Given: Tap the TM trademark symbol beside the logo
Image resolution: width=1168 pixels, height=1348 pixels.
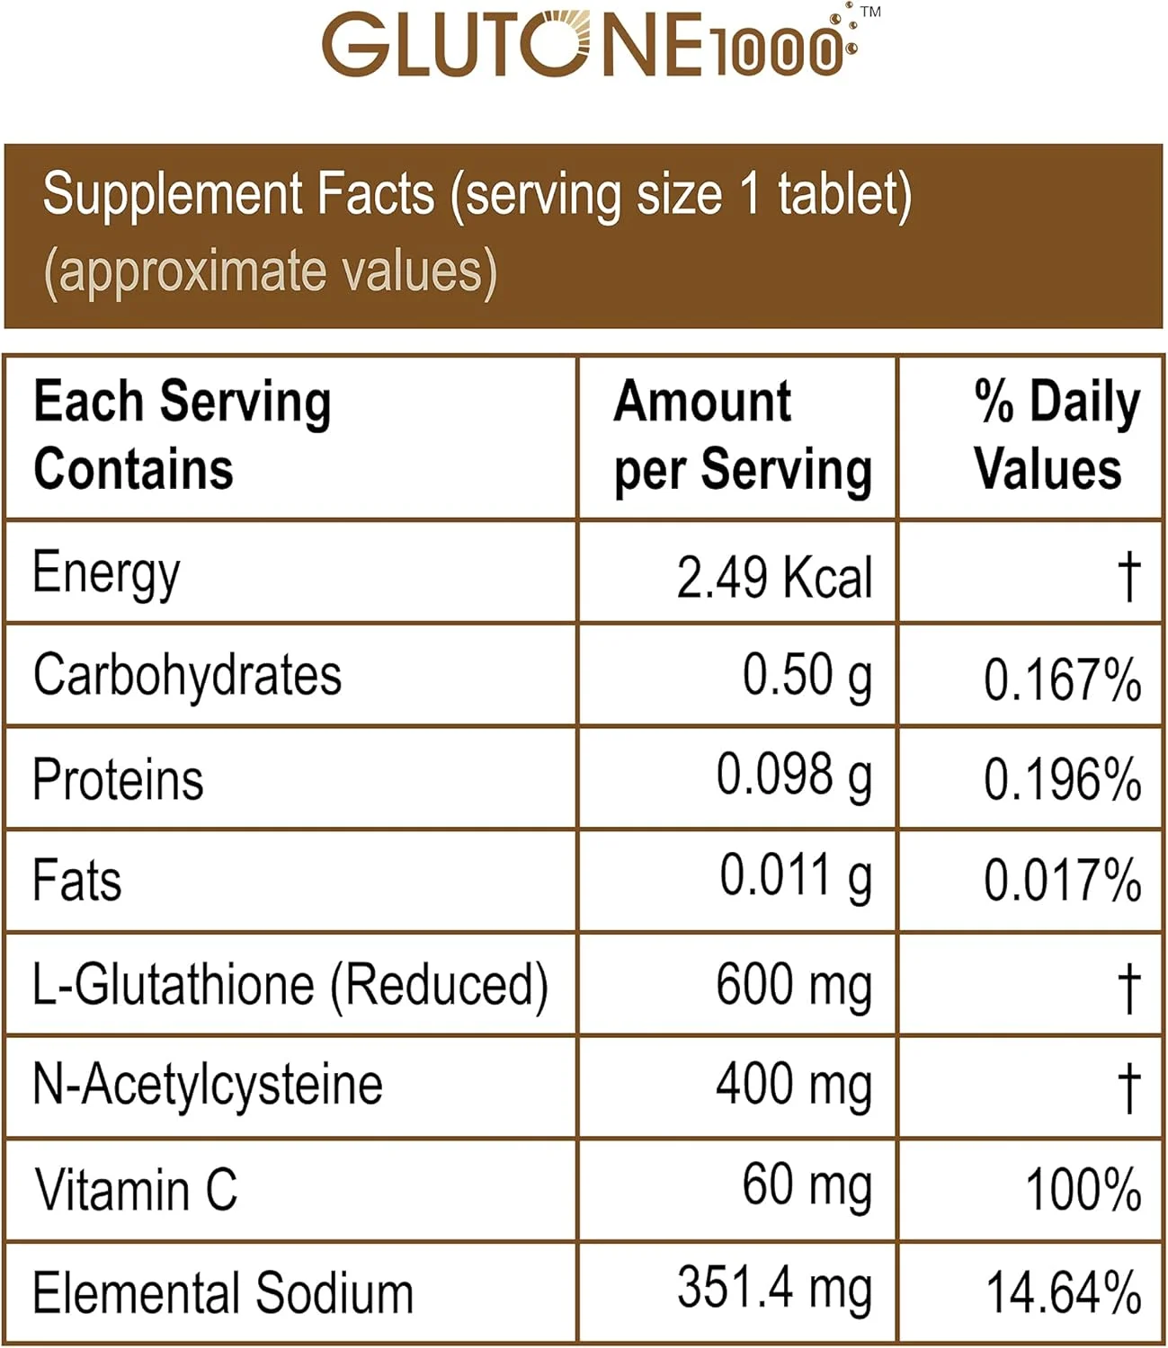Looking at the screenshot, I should click(x=869, y=13).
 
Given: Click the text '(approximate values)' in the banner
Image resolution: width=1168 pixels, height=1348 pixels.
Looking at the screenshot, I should click(x=270, y=271).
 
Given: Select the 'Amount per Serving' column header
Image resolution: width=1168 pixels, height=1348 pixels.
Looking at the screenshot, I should click(x=742, y=436).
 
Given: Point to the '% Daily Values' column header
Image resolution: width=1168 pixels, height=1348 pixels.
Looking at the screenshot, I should click(x=1056, y=436).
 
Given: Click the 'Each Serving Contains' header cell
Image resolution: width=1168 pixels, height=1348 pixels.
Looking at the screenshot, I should click(x=183, y=436).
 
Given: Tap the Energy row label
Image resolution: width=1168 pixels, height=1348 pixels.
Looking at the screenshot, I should click(x=106, y=573).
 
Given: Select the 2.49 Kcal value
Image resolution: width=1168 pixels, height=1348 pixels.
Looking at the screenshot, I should click(x=774, y=576).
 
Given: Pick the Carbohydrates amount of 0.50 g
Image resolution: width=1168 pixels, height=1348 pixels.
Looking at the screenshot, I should click(x=807, y=676).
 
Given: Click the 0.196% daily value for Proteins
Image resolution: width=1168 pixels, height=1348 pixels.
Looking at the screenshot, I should click(x=1062, y=779).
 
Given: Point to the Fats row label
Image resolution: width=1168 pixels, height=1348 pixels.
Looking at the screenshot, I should click(x=77, y=880).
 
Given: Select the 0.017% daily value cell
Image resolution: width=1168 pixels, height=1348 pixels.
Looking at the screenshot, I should click(x=1062, y=881).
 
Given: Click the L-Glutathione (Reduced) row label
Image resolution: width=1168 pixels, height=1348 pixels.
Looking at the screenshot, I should click(x=290, y=985).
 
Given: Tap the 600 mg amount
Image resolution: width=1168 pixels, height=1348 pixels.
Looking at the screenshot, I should click(x=794, y=985).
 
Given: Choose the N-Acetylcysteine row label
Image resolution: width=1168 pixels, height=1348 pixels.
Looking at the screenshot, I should click(x=208, y=1085).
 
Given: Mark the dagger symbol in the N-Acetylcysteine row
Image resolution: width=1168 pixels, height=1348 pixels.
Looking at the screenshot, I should click(x=1128, y=1086).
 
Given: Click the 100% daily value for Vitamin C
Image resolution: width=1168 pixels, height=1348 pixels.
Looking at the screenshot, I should click(x=1083, y=1190).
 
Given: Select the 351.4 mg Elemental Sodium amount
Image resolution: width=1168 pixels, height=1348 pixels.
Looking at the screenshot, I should click(x=774, y=1290).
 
